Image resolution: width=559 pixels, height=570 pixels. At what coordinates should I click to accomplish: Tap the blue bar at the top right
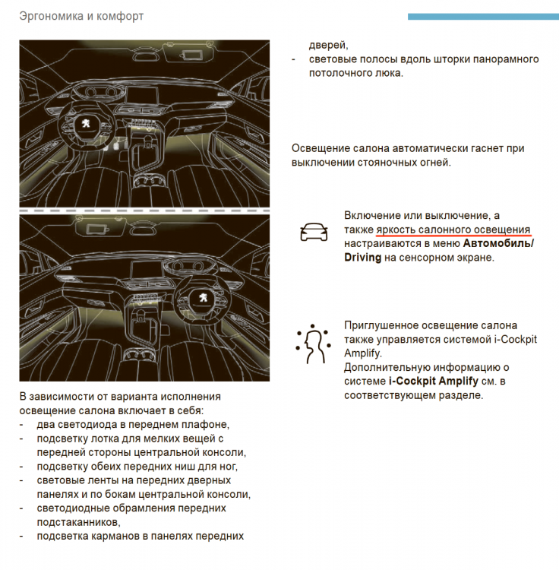(x=483, y=16)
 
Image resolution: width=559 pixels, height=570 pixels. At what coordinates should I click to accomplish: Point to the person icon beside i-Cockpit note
(x=313, y=344)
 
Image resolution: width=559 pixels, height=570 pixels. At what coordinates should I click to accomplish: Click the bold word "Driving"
(x=362, y=258)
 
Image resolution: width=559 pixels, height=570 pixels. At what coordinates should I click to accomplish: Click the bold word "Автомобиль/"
(x=498, y=244)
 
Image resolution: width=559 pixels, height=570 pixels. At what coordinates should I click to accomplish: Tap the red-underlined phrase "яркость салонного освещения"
(x=448, y=230)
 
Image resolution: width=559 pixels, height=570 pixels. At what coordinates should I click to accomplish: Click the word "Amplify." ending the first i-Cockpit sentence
(x=363, y=353)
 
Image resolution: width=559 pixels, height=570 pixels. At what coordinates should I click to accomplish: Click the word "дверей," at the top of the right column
(x=328, y=45)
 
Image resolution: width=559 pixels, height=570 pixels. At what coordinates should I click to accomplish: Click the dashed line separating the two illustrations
(x=144, y=210)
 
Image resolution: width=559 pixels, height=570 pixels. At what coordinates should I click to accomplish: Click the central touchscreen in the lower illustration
(x=149, y=268)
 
